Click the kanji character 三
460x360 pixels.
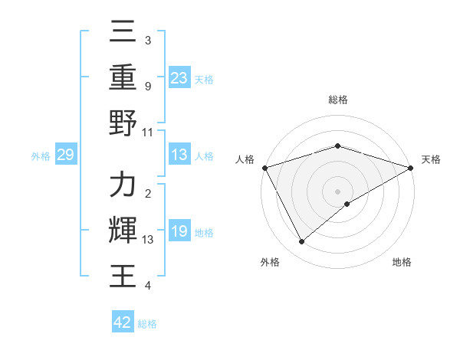click(123, 34)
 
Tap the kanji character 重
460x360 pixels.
click(123, 78)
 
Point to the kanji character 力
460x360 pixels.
click(123, 185)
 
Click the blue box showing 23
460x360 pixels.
click(179, 77)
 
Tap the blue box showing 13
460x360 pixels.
click(179, 155)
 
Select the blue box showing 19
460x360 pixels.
click(179, 232)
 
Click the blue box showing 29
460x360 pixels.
click(65, 155)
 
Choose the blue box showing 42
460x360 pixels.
click(123, 322)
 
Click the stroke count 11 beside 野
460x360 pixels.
click(148, 132)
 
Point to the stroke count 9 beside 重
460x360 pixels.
click(147, 86)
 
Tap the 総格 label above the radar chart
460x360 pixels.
click(337, 100)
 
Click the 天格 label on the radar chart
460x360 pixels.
click(431, 159)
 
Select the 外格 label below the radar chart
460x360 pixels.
click(270, 263)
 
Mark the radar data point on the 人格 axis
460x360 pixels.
click(264, 168)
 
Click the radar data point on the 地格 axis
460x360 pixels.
click(347, 204)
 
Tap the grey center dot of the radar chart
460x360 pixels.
click(337, 191)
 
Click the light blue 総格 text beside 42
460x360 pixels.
click(147, 323)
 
